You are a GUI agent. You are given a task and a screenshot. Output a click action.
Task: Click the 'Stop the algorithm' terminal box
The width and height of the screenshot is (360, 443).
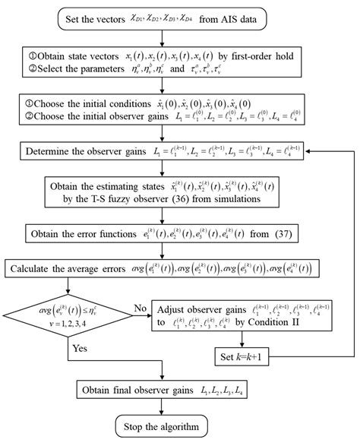pyautogui.click(x=162, y=424)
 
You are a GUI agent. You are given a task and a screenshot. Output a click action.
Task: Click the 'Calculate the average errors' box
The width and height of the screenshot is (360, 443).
pyautogui.click(x=163, y=268)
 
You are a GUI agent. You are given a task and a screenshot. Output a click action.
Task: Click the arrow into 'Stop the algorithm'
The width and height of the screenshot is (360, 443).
pyautogui.click(x=162, y=409)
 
